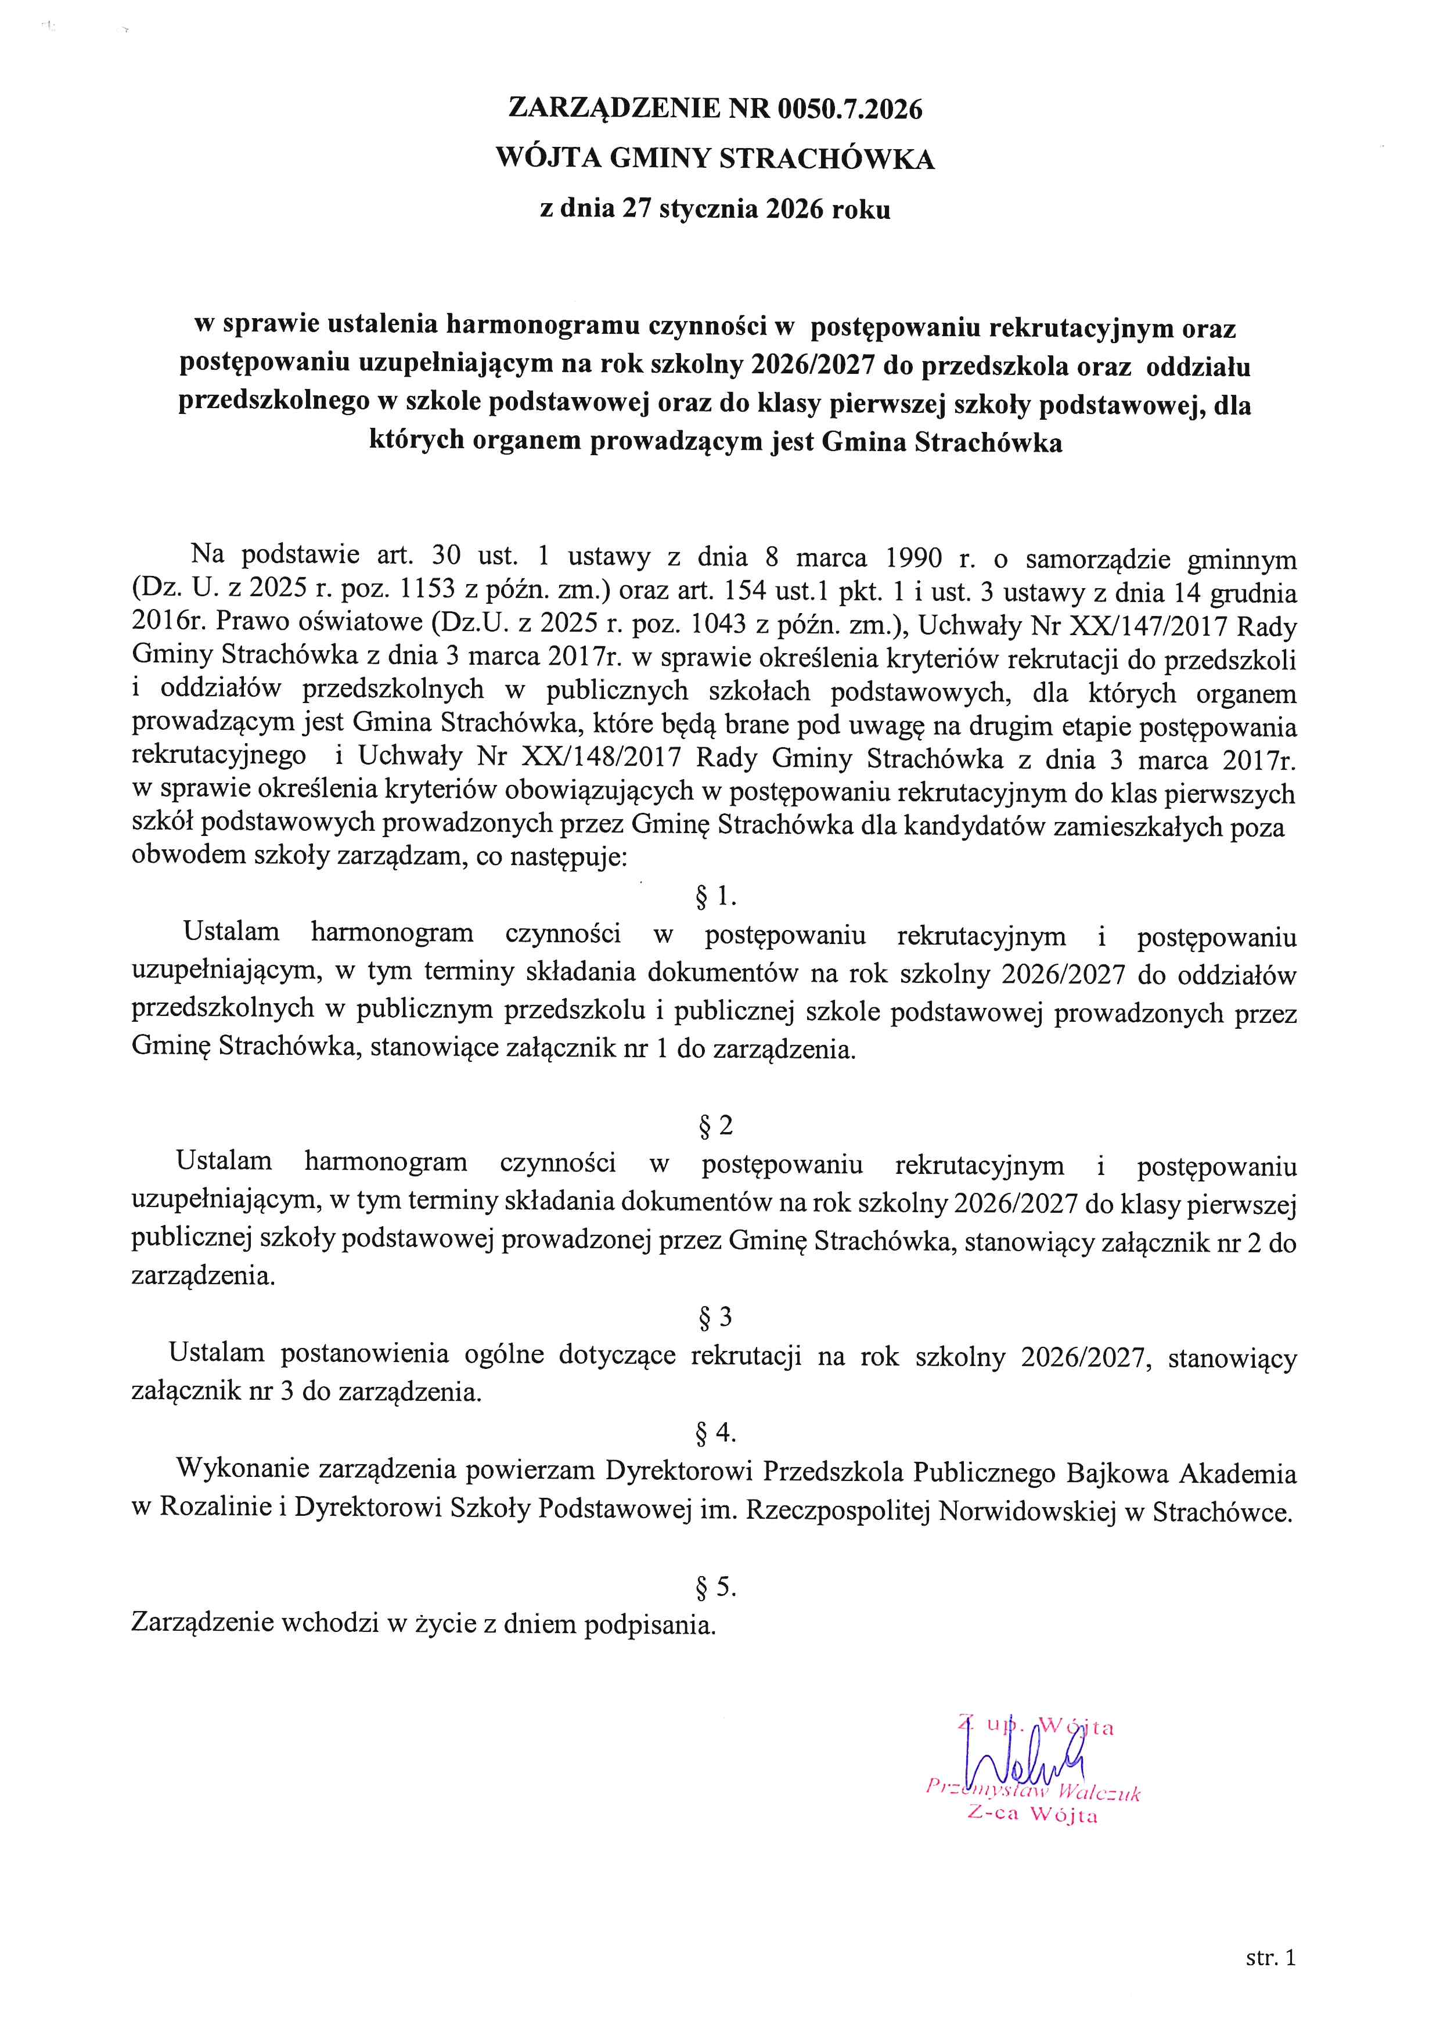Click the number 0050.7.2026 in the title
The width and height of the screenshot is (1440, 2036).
pyautogui.click(x=849, y=109)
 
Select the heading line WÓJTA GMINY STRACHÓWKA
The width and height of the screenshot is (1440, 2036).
pyautogui.click(x=715, y=160)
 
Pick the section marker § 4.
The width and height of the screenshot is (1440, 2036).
pyautogui.click(x=715, y=1432)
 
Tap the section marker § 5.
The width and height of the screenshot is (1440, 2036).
pyautogui.click(x=715, y=1587)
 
